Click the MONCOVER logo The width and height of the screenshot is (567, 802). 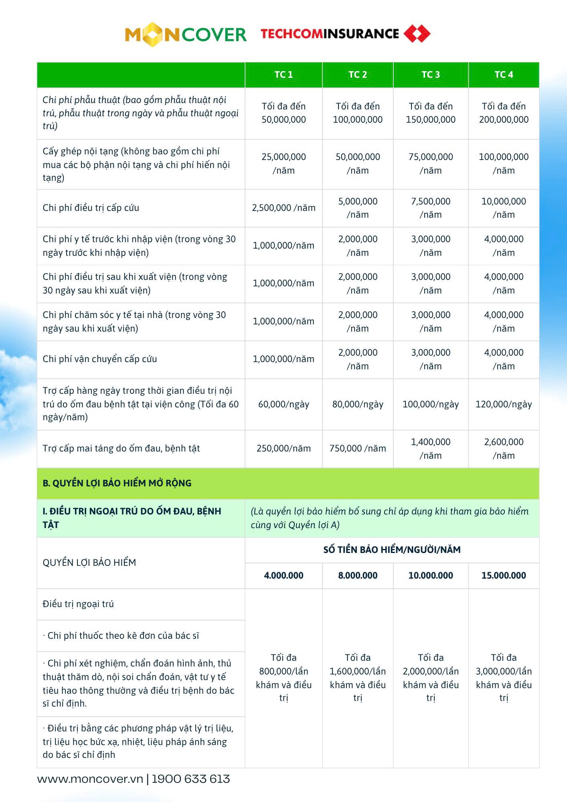(185, 34)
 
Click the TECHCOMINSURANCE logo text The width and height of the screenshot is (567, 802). (330, 34)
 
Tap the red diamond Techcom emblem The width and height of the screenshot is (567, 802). (417, 34)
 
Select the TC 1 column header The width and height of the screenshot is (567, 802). (283, 75)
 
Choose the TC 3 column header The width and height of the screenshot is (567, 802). (431, 75)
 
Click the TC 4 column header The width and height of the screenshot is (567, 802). (504, 75)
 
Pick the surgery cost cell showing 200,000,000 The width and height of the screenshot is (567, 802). (504, 113)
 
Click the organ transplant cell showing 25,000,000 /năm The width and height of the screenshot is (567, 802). (283, 164)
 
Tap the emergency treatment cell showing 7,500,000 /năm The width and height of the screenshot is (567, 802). (431, 208)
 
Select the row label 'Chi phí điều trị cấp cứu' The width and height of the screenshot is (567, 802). (91, 208)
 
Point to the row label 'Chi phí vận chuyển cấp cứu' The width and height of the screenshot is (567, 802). (100, 359)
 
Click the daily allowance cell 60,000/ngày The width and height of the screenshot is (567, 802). (283, 404)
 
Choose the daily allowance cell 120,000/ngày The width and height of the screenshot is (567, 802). (504, 404)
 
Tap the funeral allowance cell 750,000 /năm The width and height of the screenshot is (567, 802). (358, 448)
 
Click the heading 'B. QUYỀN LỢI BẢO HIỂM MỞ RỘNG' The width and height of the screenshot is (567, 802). (117, 483)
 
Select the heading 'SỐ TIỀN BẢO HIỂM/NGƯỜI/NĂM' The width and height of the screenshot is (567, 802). (392, 550)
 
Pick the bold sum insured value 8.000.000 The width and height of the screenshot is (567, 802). (358, 575)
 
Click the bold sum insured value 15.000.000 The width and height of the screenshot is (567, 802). (504, 575)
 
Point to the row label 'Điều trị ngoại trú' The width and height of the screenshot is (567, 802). (78, 604)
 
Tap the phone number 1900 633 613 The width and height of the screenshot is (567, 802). (191, 779)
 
